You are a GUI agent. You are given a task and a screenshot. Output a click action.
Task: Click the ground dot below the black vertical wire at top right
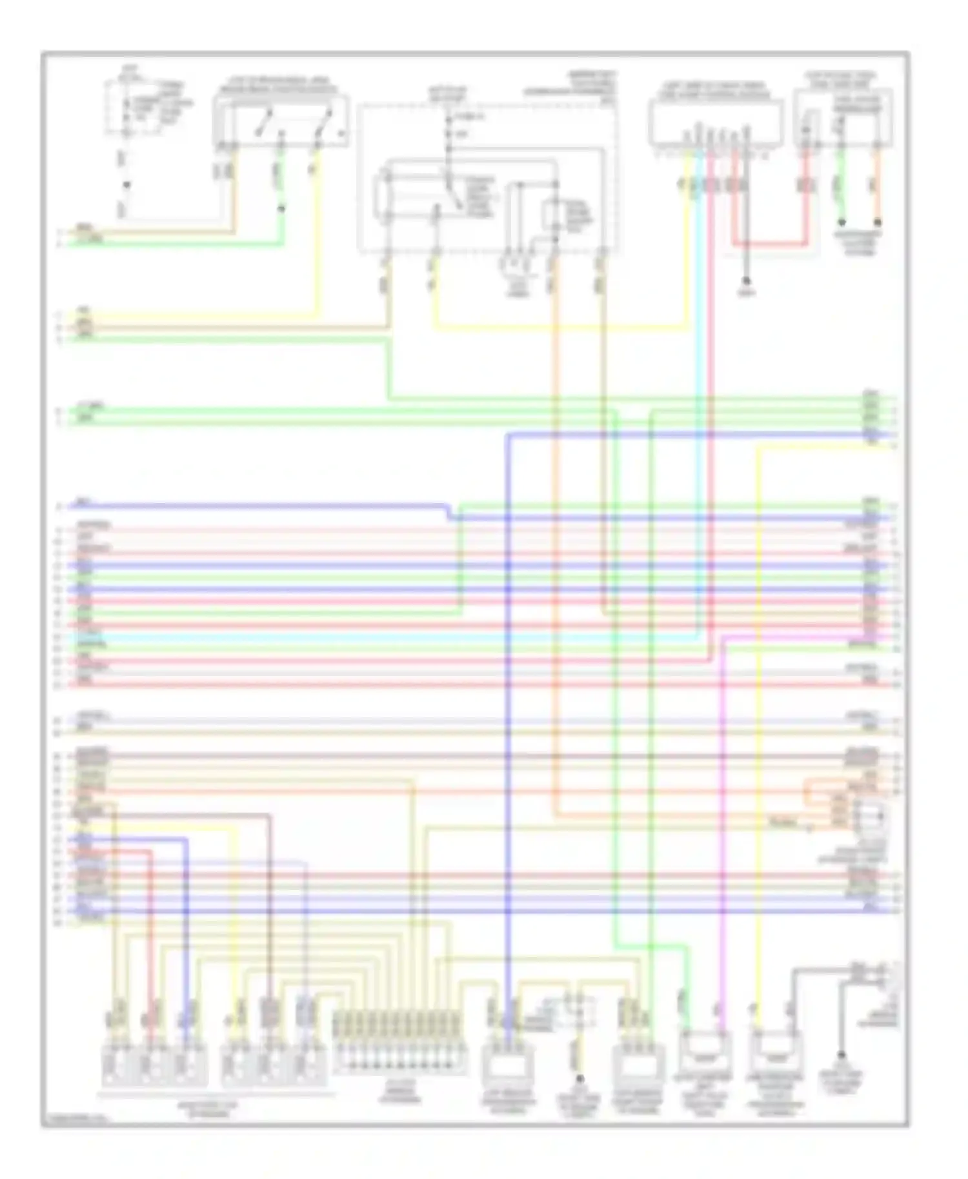point(746,282)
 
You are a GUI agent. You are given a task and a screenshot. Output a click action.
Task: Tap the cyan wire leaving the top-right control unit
point(697,387)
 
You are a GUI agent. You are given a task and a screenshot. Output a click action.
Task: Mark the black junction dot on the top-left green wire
point(281,208)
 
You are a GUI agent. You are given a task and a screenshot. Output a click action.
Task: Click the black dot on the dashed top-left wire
point(126,185)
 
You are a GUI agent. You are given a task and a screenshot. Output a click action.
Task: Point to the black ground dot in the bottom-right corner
point(841,1056)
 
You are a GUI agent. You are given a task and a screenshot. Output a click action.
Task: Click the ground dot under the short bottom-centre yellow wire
point(580,1078)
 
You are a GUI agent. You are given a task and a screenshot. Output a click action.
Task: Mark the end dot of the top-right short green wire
point(842,223)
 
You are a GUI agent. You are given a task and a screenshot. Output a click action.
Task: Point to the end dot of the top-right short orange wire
point(878,223)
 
